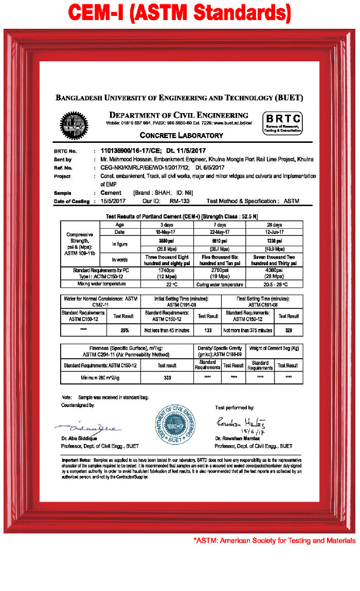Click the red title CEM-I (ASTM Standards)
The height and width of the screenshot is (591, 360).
[x=179, y=12]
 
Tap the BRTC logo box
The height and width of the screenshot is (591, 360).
[x=282, y=124]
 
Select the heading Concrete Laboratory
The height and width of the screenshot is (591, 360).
[x=182, y=136]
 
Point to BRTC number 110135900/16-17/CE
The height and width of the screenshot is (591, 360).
[x=131, y=151]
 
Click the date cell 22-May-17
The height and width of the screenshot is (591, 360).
[x=220, y=233]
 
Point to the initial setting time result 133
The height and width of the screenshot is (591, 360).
[x=208, y=330]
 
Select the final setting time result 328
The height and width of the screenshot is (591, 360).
[x=289, y=330]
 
